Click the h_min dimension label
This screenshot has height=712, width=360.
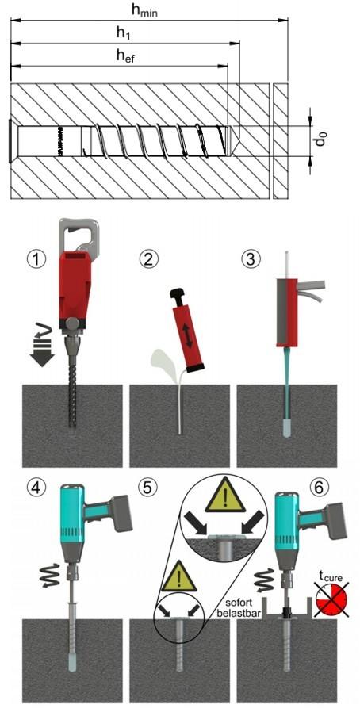pos(144,11)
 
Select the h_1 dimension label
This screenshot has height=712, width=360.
pos(124,33)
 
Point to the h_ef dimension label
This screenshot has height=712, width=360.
pos(126,56)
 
